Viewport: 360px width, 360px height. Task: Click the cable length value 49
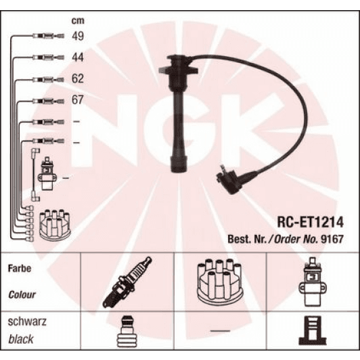coord(78,37)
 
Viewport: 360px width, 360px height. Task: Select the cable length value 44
coord(78,58)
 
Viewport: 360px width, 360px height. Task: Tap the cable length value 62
coord(78,79)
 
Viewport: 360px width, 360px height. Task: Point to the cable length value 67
coord(78,101)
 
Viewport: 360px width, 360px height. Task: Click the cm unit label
coord(78,20)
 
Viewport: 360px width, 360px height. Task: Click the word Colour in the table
coord(22,294)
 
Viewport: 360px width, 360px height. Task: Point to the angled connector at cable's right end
coord(229,181)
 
